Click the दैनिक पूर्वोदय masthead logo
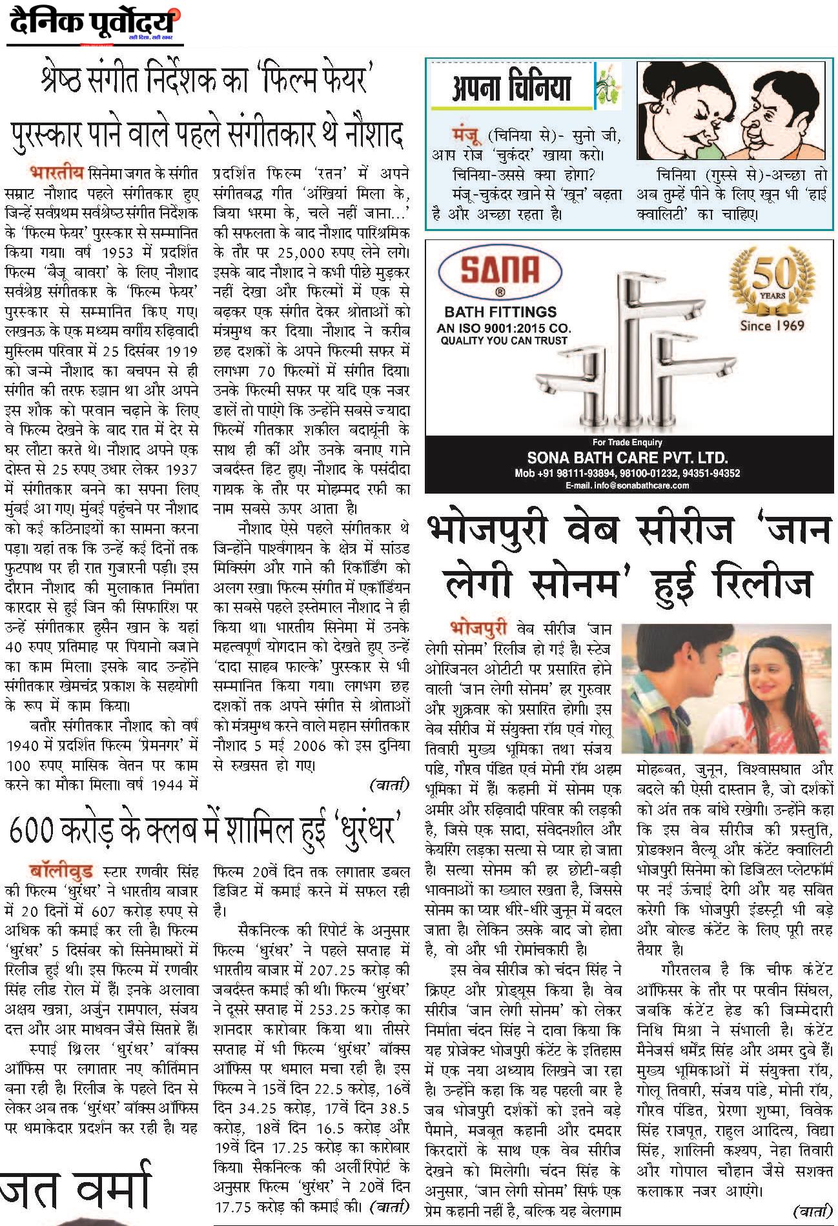click(94, 25)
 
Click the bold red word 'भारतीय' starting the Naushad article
click(56, 173)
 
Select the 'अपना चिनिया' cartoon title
click(512, 87)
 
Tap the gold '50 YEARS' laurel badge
click(772, 281)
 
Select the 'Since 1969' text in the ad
click(772, 325)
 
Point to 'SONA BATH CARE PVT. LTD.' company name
click(627, 458)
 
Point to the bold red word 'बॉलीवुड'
click(61, 872)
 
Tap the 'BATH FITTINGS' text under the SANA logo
click(500, 312)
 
